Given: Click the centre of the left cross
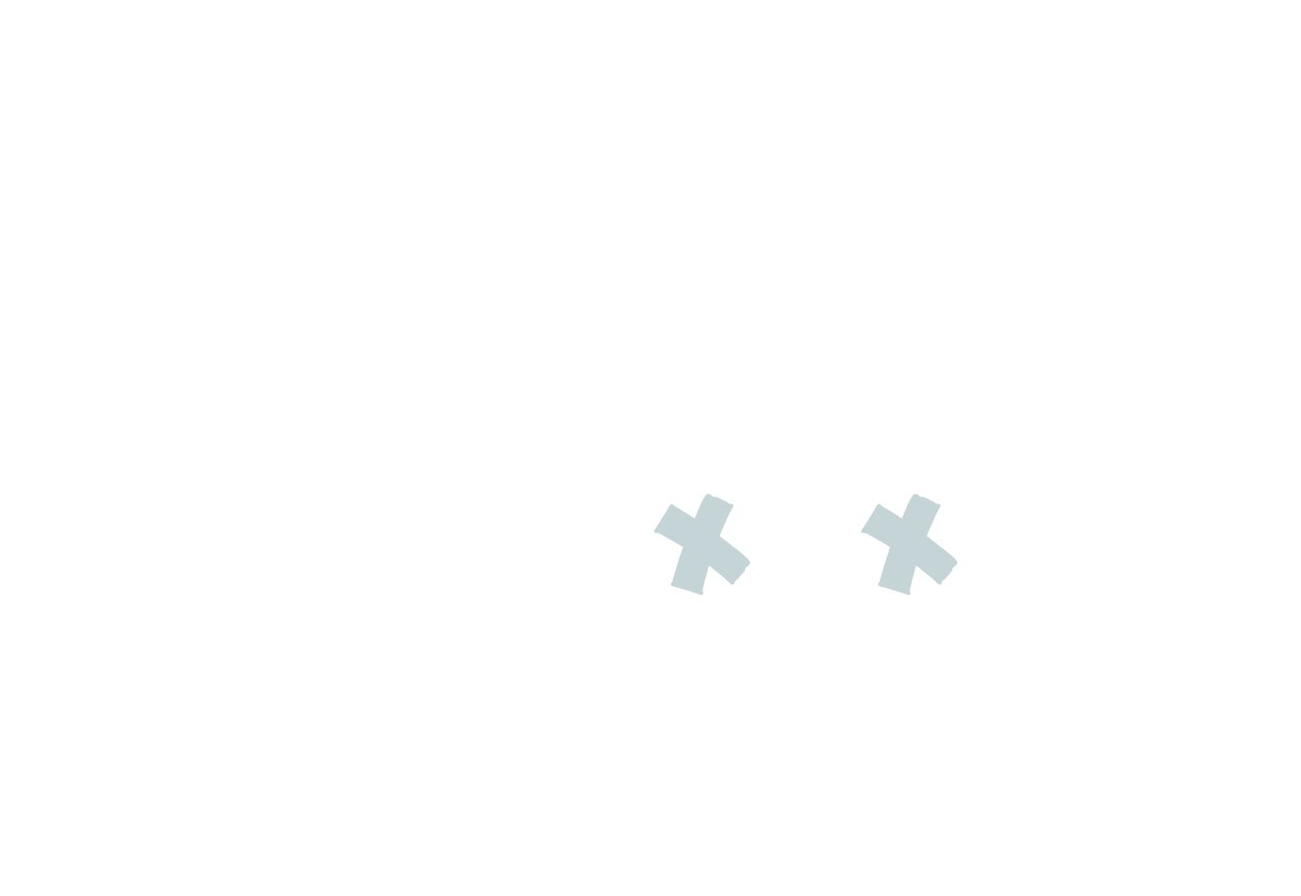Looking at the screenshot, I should tap(702, 543).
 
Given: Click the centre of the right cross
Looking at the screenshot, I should tap(909, 543).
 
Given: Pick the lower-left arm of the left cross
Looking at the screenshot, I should tap(686, 579).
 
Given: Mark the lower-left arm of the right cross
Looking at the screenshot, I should tap(893, 579).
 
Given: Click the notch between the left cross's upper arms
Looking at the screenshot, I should tap(695, 518).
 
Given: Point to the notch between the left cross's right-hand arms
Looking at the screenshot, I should tap(720, 537).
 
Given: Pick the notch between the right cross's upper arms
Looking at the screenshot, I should tap(902, 518).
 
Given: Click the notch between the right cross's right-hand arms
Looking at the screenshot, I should tap(927, 537).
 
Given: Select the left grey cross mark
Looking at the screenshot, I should tap(702, 543).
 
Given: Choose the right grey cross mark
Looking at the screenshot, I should tap(909, 543).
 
